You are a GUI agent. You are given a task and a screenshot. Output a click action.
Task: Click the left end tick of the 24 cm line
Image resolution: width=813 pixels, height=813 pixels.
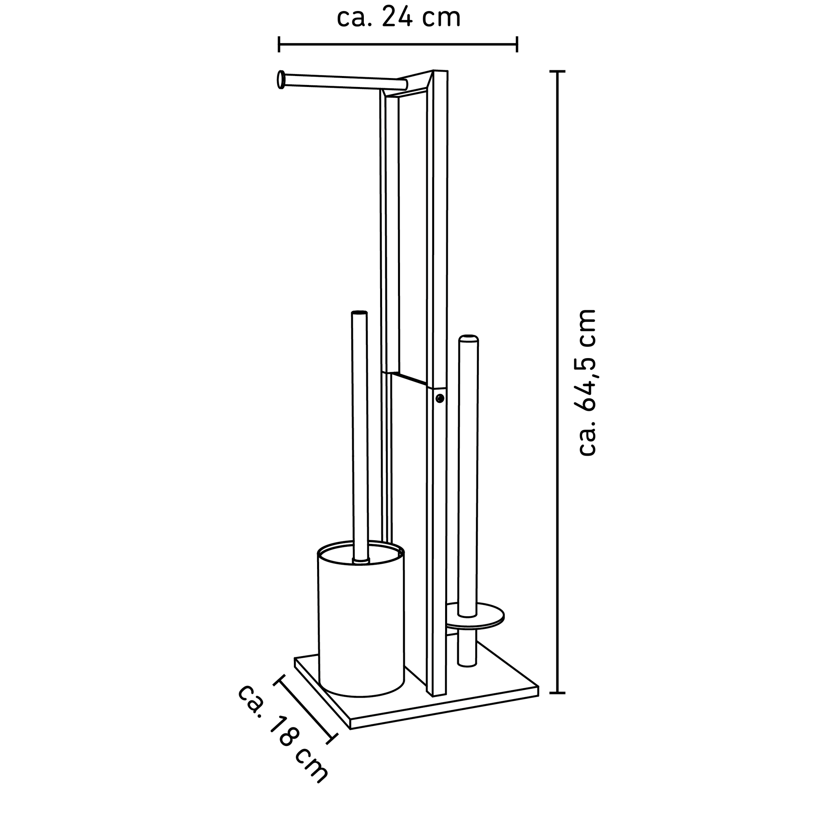click(279, 44)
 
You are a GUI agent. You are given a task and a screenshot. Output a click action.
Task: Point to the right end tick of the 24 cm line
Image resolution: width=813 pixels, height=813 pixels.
click(517, 44)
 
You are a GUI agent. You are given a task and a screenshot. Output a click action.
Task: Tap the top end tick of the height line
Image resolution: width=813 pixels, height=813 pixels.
click(558, 72)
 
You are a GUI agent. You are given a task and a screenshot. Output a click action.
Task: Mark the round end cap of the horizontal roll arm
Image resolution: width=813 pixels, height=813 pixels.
click(279, 80)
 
